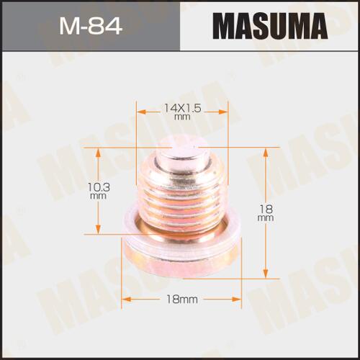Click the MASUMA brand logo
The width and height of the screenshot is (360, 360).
click(x=270, y=26)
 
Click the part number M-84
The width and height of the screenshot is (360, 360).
click(x=91, y=25)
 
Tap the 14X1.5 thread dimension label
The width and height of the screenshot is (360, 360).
click(x=182, y=109)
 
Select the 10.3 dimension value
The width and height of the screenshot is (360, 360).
click(x=99, y=187)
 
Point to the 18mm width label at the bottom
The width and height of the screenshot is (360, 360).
click(x=182, y=300)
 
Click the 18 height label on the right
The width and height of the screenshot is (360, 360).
click(x=266, y=210)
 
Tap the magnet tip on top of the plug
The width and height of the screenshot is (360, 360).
click(x=179, y=153)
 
